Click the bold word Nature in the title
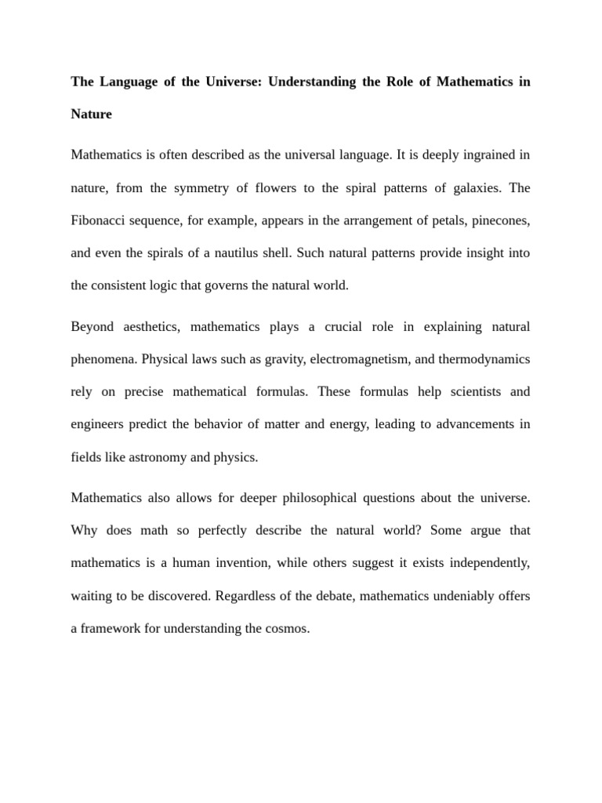[x=92, y=114]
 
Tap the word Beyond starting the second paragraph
[x=92, y=326]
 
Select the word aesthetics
[x=154, y=326]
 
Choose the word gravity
[x=283, y=359]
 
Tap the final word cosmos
[x=287, y=629]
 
